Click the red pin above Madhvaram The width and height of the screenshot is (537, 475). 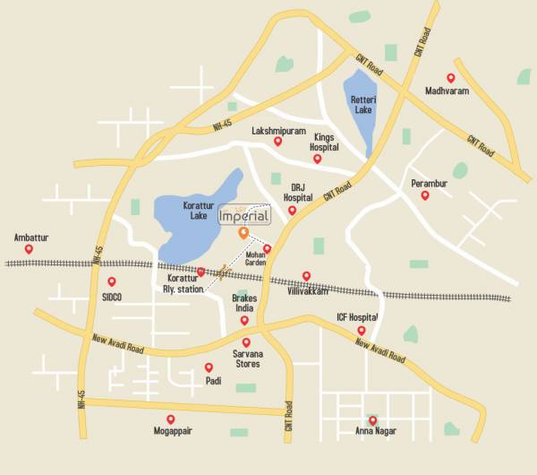pyautogui.click(x=450, y=78)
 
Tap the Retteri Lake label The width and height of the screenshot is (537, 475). pyautogui.click(x=362, y=104)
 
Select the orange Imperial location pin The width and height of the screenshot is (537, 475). pyautogui.click(x=243, y=233)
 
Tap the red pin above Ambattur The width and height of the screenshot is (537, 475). pyautogui.click(x=29, y=249)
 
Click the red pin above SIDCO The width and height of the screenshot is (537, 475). pyautogui.click(x=112, y=281)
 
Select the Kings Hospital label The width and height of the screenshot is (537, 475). pyautogui.click(x=324, y=142)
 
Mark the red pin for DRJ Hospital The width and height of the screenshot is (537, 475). pyautogui.click(x=292, y=211)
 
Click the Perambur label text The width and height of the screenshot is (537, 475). pyautogui.click(x=429, y=184)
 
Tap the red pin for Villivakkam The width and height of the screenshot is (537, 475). pyautogui.click(x=306, y=276)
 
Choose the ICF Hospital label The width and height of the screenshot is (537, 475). pyautogui.click(x=357, y=317)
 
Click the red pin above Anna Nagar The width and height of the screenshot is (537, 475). pyautogui.click(x=372, y=420)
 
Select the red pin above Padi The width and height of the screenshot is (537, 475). pyautogui.click(x=209, y=367)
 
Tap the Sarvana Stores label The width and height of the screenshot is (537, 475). pyautogui.click(x=247, y=358)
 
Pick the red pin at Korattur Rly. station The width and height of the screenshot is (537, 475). pyautogui.click(x=200, y=272)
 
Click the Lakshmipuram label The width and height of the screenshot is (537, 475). pyautogui.click(x=277, y=129)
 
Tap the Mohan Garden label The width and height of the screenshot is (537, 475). pyautogui.click(x=262, y=259)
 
